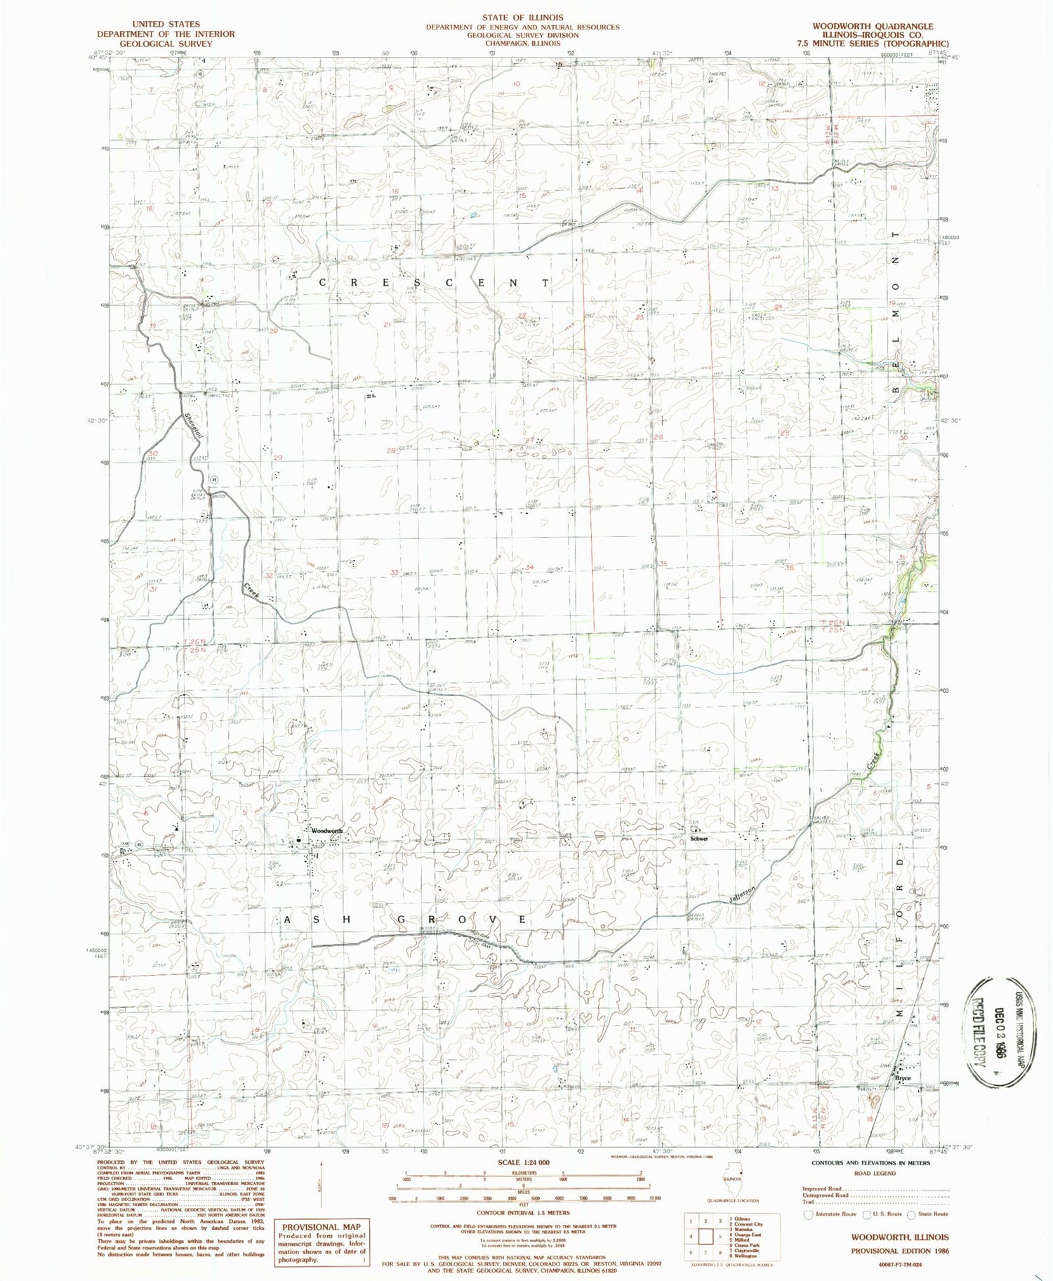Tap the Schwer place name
click(698, 839)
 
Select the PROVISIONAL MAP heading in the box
click(321, 1227)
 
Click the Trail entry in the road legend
click(812, 1202)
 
